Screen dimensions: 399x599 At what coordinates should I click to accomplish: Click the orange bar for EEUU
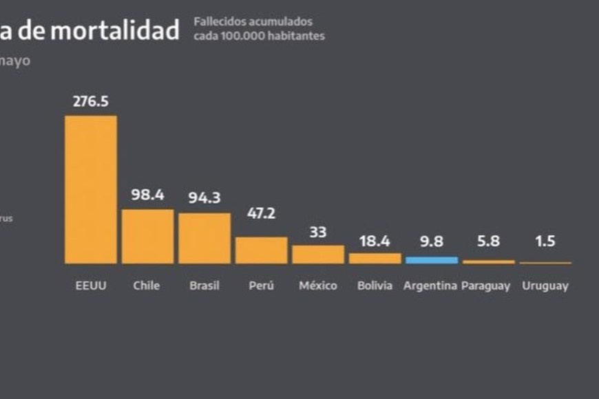tap(91, 189)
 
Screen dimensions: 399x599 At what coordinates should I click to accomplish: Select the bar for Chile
tap(147, 236)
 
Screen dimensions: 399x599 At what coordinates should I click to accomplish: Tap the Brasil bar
tap(204, 238)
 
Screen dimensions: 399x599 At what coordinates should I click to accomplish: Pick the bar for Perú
tap(261, 250)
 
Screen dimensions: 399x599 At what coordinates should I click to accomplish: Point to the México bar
tap(318, 254)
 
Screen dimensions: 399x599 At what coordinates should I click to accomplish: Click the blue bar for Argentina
tap(431, 260)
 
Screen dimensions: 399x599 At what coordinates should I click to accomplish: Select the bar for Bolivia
tap(375, 258)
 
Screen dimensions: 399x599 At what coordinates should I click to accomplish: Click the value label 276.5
tap(91, 101)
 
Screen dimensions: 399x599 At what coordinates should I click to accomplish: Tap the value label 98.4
tap(147, 195)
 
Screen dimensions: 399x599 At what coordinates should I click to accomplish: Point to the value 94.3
tap(204, 198)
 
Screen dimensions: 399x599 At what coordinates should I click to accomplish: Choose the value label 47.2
tap(261, 213)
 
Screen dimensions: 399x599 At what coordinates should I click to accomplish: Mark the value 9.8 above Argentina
tap(431, 241)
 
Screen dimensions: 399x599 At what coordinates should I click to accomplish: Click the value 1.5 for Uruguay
tap(545, 241)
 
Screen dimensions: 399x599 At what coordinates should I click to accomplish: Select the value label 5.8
tap(487, 241)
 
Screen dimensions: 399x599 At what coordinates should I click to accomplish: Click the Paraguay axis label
tap(486, 285)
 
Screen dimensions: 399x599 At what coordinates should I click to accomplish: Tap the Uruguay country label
tap(545, 285)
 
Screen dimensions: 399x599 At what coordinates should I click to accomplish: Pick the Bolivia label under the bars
tap(375, 285)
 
